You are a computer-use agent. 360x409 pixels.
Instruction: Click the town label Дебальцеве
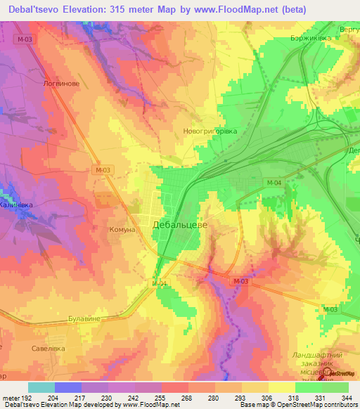coord(179,225)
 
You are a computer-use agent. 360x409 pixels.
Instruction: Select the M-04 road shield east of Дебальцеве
coord(274,183)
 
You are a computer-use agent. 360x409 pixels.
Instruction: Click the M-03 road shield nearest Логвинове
coord(24,40)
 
